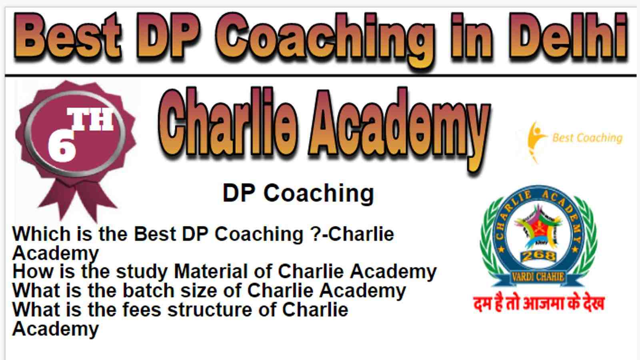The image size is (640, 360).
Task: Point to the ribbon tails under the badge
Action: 77,200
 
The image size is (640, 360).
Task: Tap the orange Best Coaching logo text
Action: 588,138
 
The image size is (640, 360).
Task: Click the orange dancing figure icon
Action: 536,142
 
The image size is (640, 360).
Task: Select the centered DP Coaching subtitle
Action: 298,194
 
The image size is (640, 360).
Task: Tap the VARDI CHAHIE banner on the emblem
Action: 538,276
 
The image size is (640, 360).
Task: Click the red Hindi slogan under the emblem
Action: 539,304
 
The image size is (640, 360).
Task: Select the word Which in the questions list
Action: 42,234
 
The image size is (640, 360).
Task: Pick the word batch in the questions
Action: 148,290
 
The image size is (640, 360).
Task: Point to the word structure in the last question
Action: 210,310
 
